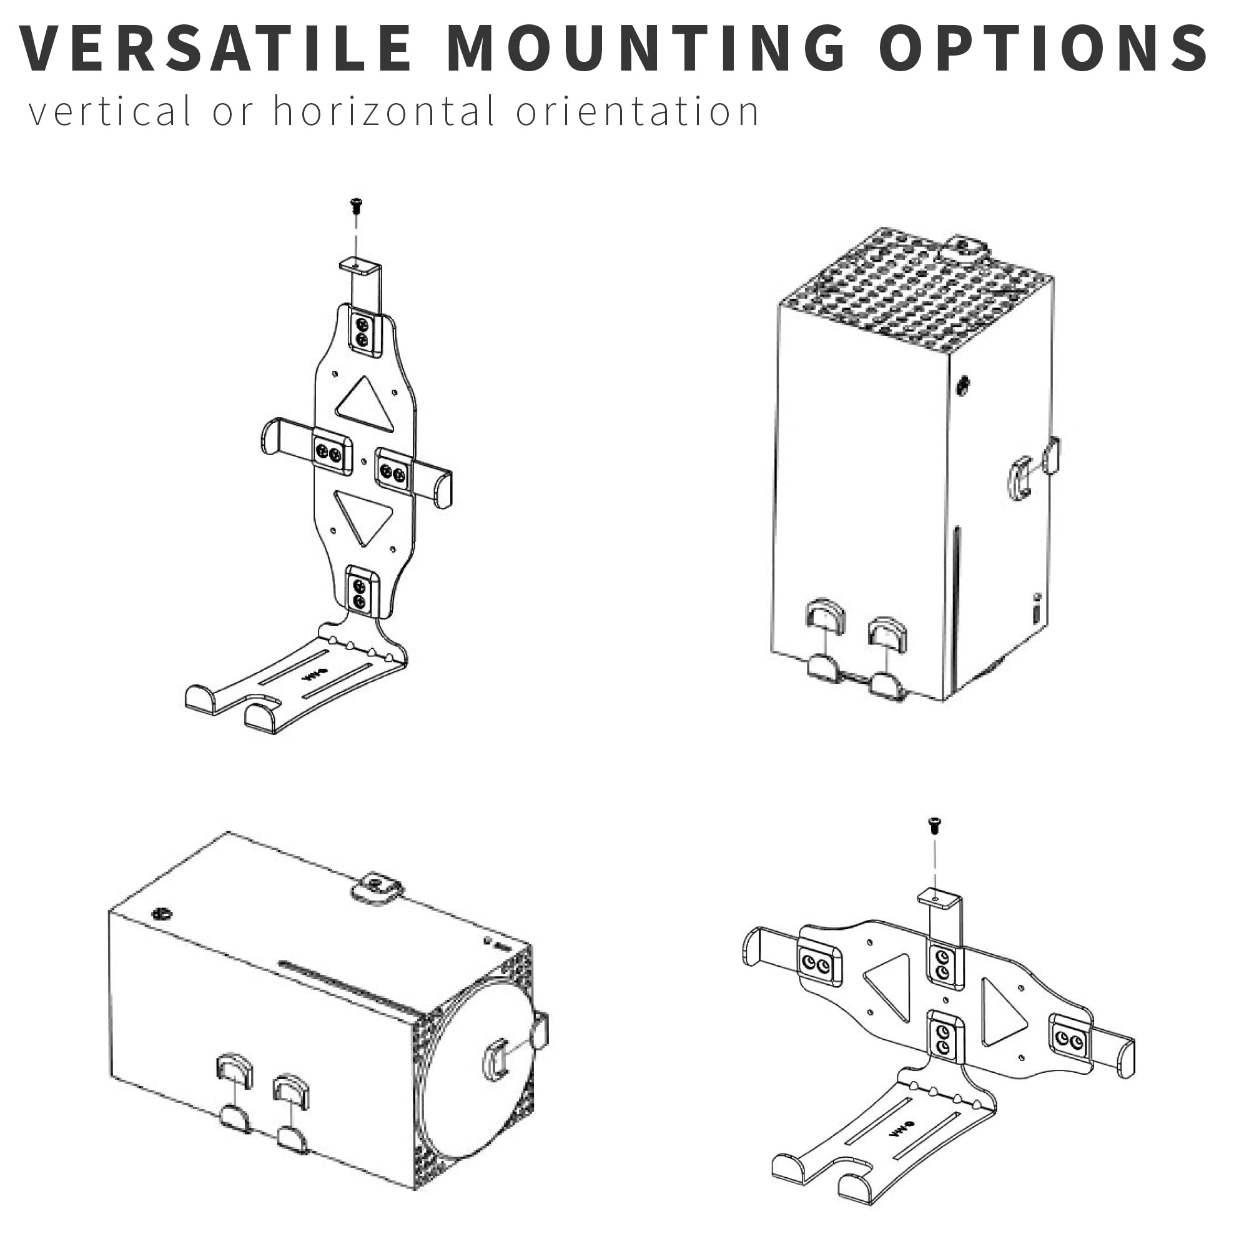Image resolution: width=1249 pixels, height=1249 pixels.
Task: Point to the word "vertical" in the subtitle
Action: point(110,111)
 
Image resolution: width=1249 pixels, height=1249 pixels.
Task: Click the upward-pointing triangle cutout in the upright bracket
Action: point(366,405)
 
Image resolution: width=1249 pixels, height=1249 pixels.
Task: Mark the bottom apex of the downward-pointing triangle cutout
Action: point(365,546)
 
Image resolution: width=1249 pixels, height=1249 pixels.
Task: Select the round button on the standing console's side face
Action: point(963,386)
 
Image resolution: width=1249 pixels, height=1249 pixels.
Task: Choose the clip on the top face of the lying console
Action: point(378,886)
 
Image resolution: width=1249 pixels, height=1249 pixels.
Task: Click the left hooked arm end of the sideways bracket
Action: point(753,947)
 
